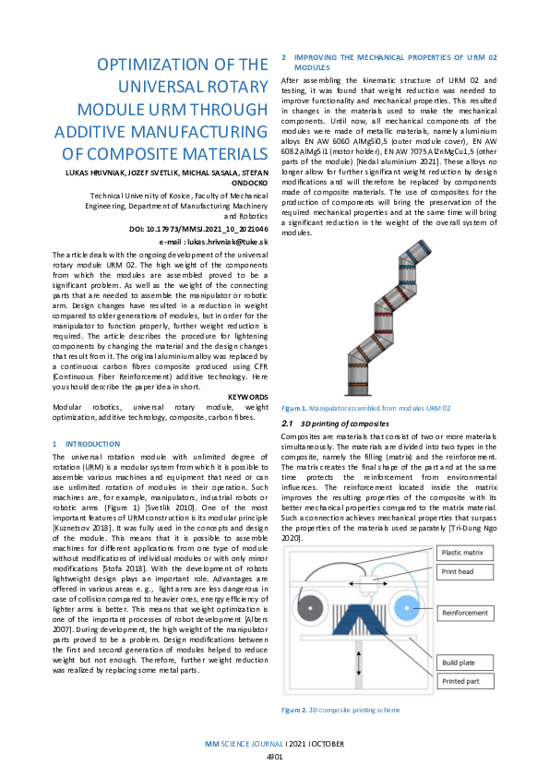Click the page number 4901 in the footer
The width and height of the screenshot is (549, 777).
pos(274,756)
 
